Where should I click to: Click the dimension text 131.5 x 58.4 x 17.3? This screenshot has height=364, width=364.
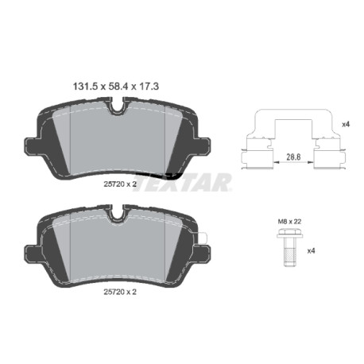tap(116, 87)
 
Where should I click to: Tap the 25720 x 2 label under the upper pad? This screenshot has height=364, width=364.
tap(120, 184)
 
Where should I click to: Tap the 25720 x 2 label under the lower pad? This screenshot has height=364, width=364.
tap(120, 292)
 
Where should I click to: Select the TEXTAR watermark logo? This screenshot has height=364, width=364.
tap(183, 182)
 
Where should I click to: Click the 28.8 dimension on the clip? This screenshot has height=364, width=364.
tap(293, 157)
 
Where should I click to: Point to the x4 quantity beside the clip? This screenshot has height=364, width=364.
tap(346, 124)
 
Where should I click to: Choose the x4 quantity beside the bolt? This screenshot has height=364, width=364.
tap(311, 250)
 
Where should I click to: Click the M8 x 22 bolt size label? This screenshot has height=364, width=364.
tap(289, 222)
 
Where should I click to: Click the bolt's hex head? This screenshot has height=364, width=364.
tap(289, 234)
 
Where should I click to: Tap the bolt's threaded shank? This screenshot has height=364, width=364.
tap(289, 252)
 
